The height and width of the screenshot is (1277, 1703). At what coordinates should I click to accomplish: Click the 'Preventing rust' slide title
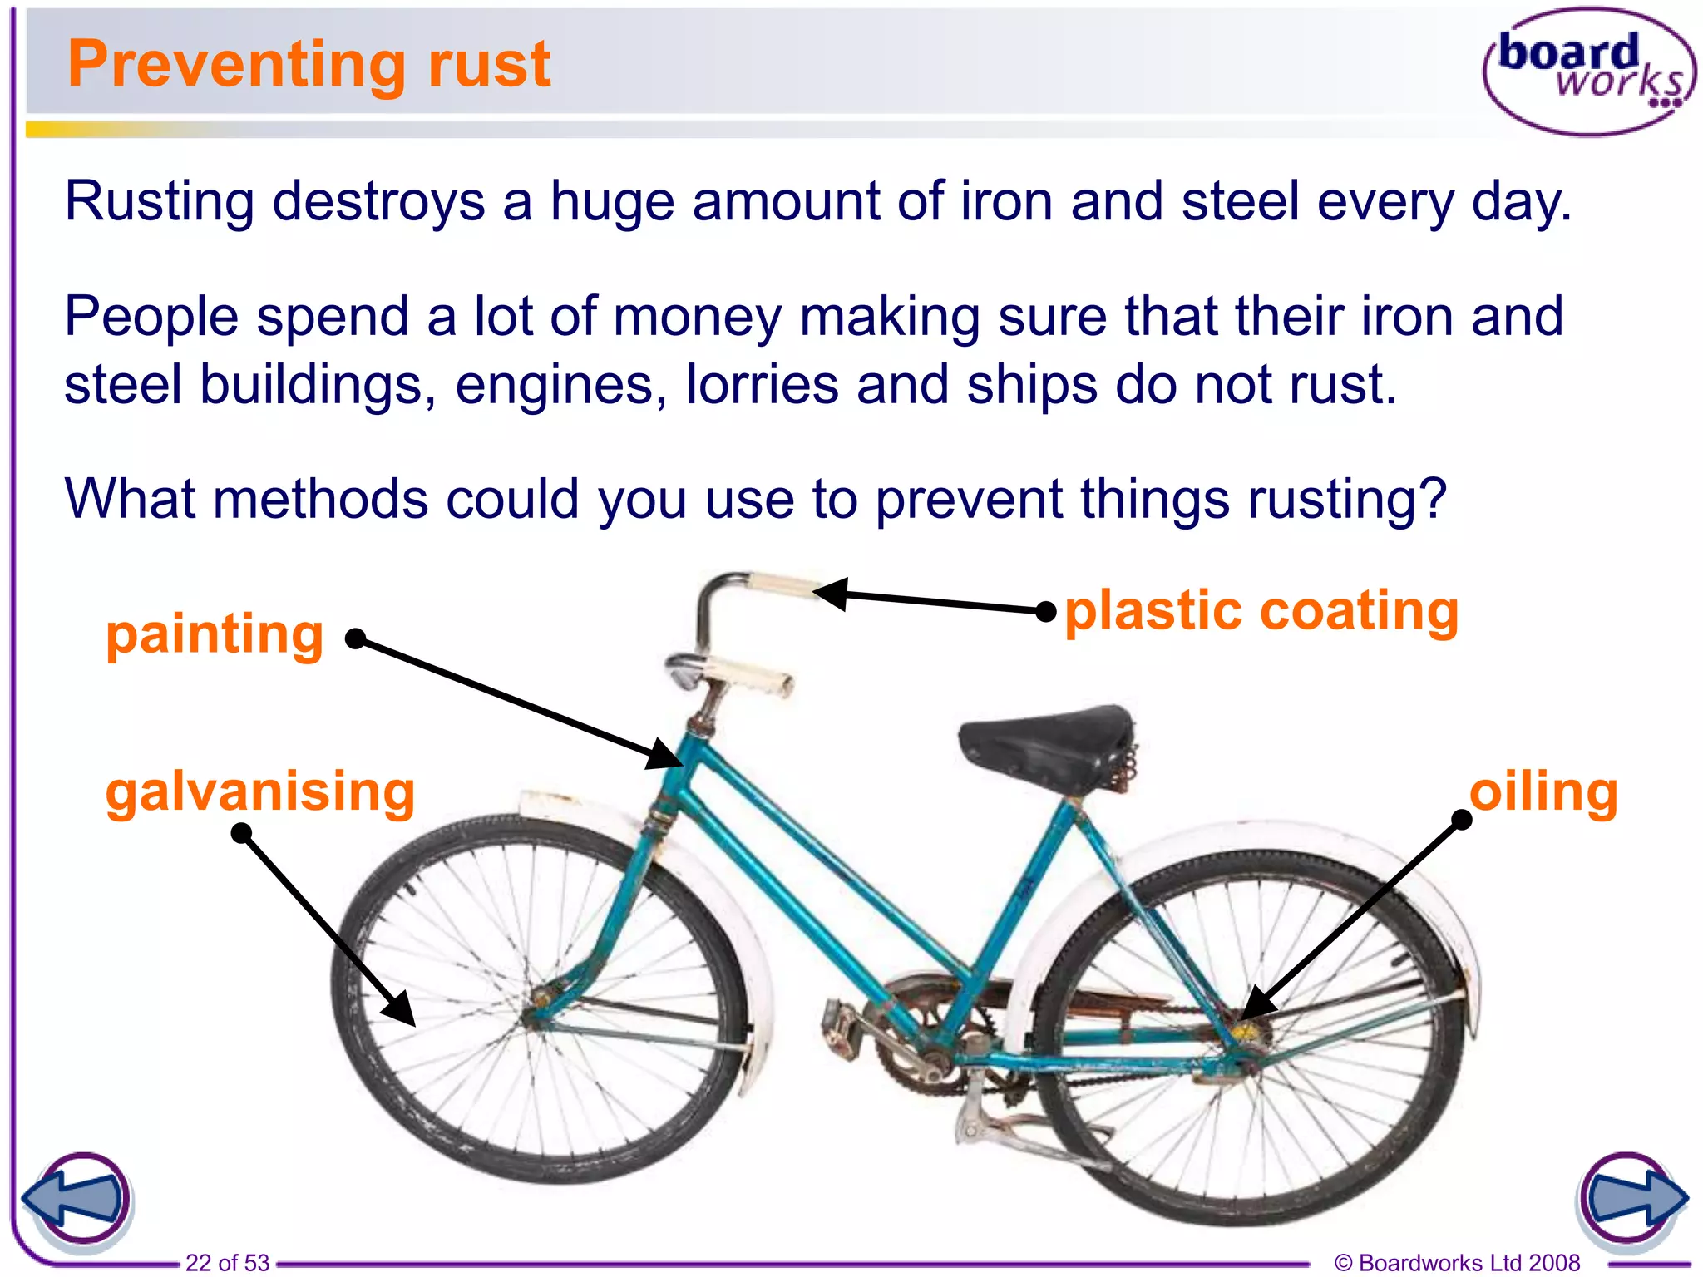[x=309, y=64]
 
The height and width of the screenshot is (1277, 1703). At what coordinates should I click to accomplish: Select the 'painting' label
[x=215, y=635]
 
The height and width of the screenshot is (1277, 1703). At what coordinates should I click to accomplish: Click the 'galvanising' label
[x=259, y=791]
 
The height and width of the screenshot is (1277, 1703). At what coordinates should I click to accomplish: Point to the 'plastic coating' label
[x=1261, y=611]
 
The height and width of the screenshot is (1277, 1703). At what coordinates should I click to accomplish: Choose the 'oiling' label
[x=1543, y=791]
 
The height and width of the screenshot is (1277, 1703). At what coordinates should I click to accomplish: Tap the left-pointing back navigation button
[x=77, y=1199]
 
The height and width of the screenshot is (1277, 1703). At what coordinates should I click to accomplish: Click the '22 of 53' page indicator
[x=227, y=1263]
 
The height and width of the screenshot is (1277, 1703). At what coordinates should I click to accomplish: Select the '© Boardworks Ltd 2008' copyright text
[x=1457, y=1263]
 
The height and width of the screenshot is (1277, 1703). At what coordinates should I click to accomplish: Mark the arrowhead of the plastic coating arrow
[x=832, y=594]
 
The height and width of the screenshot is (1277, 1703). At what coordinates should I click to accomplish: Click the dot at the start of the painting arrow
[x=355, y=638]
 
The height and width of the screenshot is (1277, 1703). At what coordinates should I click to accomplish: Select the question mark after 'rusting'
[x=1432, y=499]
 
